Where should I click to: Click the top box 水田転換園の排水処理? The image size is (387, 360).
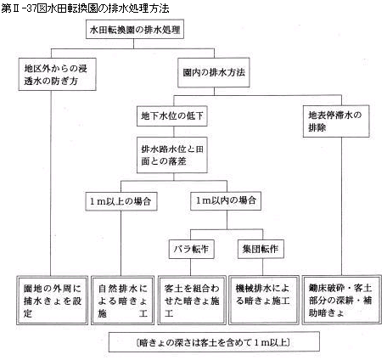coord(135,29)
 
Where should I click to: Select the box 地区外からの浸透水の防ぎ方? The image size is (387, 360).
coord(58,75)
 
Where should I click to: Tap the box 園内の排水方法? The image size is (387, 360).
coord(214,72)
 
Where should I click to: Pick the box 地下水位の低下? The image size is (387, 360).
coord(172,115)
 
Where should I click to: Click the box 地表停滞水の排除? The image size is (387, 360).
coord(336,121)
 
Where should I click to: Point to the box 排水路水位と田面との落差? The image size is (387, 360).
coord(172,155)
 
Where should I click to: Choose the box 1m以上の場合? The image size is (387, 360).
coord(121,201)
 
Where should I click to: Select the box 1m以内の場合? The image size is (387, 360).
coord(226,201)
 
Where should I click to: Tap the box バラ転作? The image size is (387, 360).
coord(192,249)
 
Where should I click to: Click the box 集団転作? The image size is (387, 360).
coord(261,249)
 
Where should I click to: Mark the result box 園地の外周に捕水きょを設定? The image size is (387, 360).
coord(53,301)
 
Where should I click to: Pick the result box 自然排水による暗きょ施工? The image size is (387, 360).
coord(123,301)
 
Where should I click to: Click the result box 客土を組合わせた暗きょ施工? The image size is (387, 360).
coord(192,301)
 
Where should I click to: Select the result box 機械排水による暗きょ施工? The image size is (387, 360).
coord(264,300)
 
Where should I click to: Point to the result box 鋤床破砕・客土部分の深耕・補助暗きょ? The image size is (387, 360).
coord(341,300)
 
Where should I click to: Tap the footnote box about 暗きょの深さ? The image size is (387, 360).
coord(214,342)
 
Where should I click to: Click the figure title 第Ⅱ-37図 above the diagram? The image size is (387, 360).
coord(85,8)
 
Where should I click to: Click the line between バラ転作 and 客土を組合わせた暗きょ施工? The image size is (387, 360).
coord(190,267)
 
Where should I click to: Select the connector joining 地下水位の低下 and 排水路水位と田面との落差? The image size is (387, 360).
coord(173,132)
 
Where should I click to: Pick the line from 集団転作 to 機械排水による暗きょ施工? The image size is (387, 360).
coord(263,267)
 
